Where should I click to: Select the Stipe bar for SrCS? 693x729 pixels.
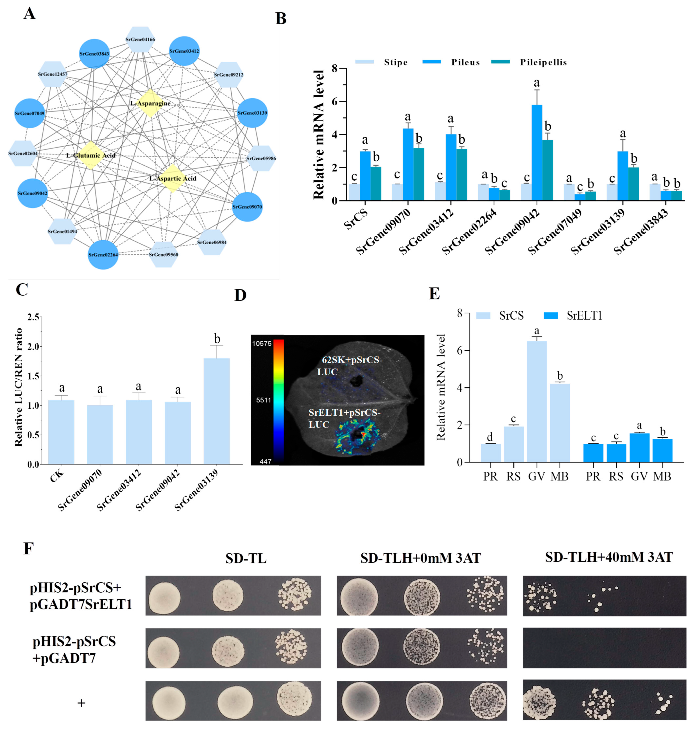tap(354, 192)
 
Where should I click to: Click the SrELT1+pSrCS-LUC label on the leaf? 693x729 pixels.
tap(344, 418)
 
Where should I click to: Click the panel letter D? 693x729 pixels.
tap(240, 296)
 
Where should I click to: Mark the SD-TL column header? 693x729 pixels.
tap(246, 558)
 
